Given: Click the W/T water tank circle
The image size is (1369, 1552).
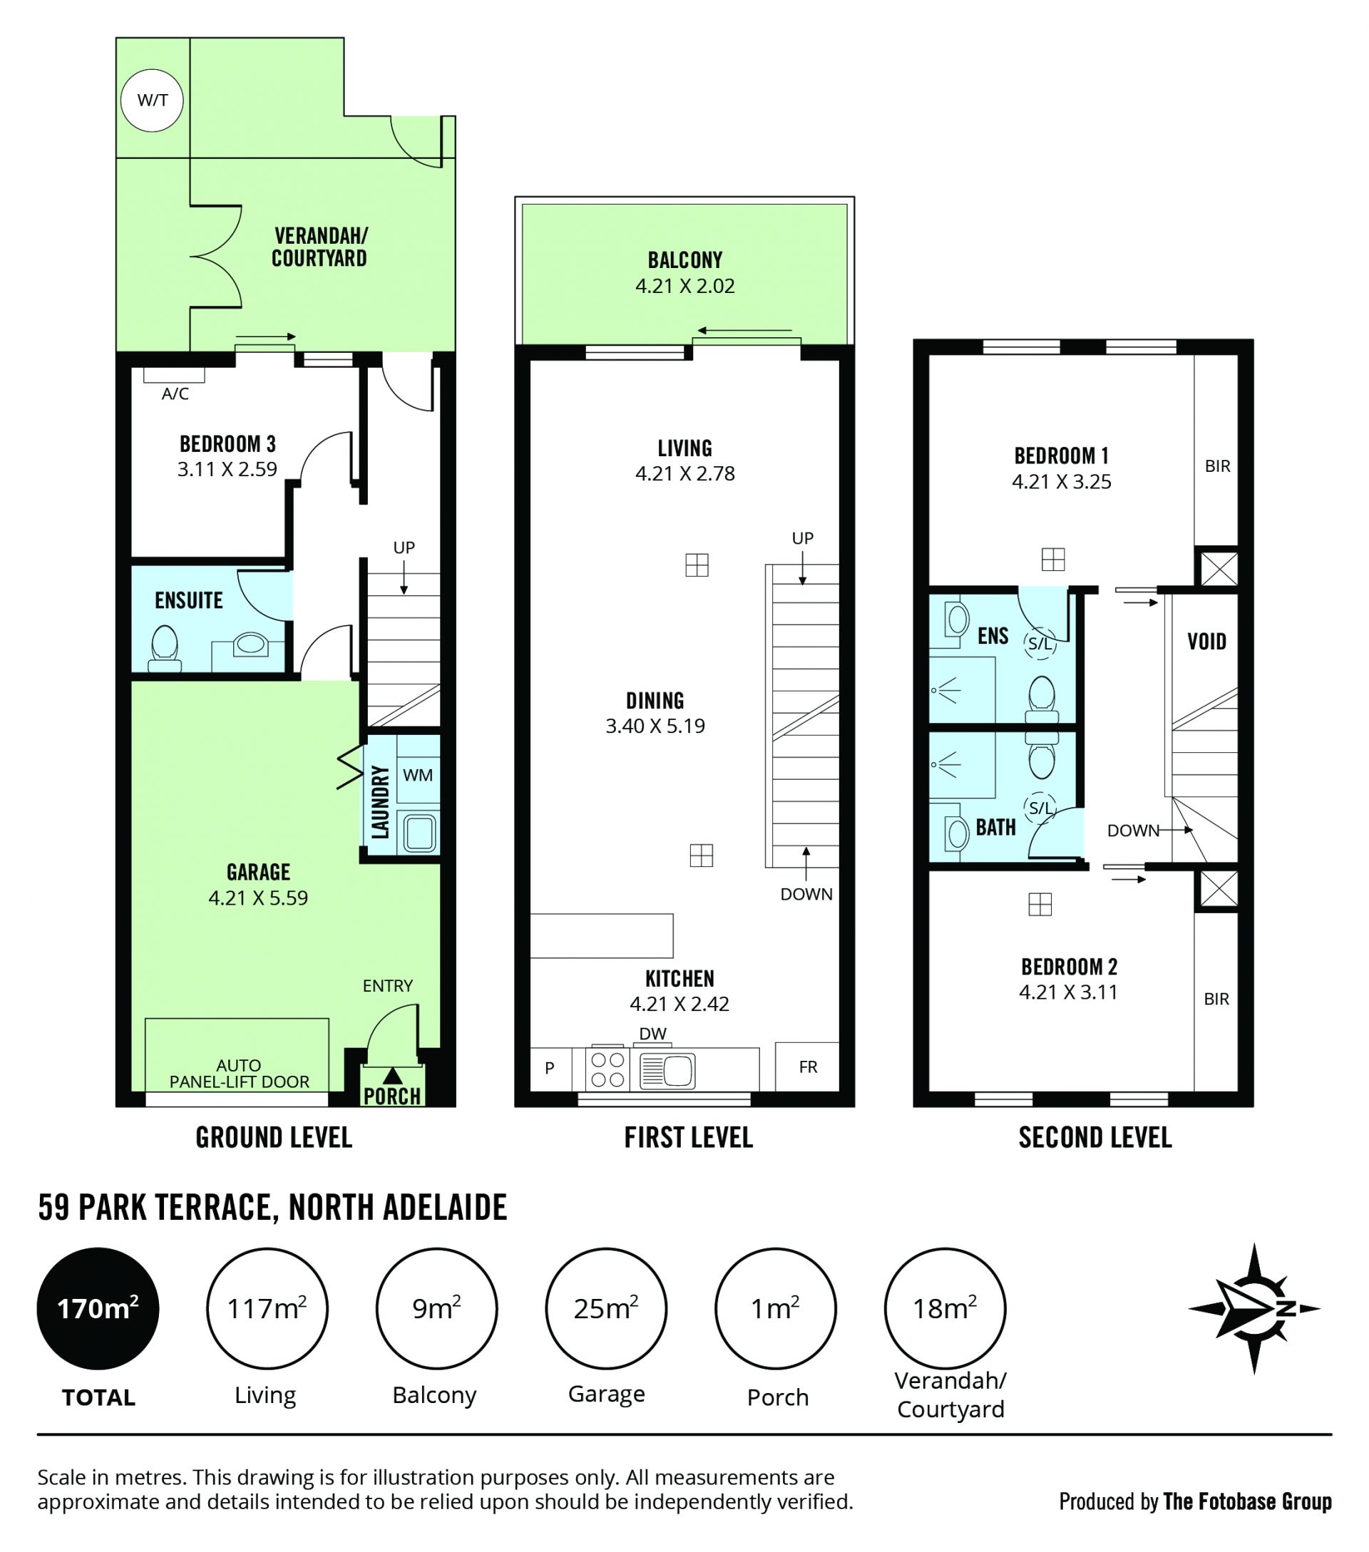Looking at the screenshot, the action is pos(152,100).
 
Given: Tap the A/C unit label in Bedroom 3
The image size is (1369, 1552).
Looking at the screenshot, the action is pos(175,394).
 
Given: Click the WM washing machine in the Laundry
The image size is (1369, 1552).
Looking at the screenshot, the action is pos(418,774).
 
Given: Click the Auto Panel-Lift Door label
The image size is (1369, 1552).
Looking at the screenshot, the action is pos(239,1073).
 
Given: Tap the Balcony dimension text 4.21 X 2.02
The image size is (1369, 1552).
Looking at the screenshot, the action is pos(685,287).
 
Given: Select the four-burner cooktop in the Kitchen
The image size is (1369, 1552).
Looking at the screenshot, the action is pos(607,1069).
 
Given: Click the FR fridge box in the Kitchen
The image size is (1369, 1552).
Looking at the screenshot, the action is pos(807,1066).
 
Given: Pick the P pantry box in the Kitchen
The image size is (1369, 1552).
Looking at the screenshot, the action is pos(550,1069).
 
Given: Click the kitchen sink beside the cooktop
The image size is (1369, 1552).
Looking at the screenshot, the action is pos(667,1071).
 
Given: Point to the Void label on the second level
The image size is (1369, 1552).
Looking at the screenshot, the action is pos(1206,642).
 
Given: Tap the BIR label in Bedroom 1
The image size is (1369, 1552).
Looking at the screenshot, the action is pos(1217,466).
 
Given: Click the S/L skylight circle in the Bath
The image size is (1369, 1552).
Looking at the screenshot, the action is pos(1040,808).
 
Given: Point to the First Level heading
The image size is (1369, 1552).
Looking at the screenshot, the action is pos(689,1137).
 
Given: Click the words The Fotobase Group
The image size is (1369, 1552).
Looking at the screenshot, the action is pos(1247,1501).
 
